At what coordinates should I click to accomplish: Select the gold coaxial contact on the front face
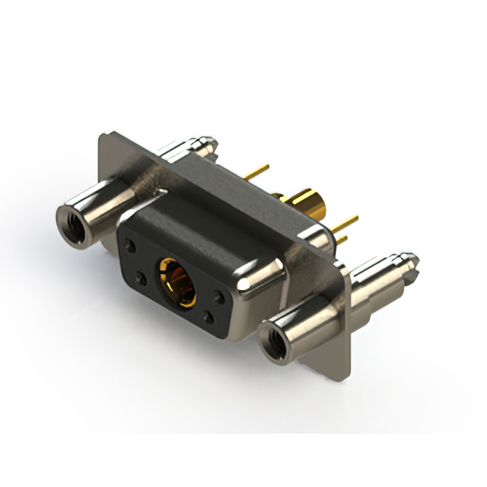coord(176,282)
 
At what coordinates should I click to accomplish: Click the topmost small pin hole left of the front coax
coord(132,247)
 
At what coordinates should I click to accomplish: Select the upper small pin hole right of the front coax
coord(220,298)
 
